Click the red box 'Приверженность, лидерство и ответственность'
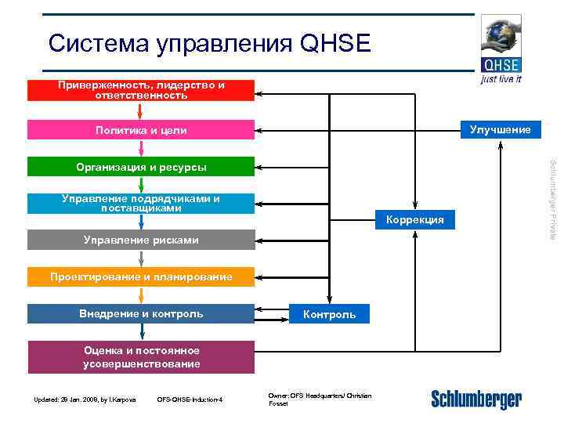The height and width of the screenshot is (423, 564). click(141, 90)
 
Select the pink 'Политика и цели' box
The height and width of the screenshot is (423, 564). click(141, 130)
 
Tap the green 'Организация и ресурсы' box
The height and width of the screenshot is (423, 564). click(141, 167)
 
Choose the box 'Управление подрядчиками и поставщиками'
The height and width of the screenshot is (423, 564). click(141, 204)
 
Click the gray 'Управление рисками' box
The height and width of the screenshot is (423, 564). click(141, 240)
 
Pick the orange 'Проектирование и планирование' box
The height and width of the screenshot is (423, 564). click(141, 277)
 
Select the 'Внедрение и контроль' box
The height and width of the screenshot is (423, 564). click(141, 314)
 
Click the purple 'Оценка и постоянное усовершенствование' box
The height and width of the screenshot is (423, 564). click(141, 357)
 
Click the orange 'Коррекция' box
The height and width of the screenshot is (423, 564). click(414, 220)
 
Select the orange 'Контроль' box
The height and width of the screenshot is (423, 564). click(329, 314)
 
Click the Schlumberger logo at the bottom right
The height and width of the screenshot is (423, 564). click(475, 399)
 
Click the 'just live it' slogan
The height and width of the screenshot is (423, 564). click(501, 79)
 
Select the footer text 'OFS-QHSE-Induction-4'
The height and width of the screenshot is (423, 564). click(190, 400)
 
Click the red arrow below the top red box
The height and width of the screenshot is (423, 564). click(139, 110)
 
